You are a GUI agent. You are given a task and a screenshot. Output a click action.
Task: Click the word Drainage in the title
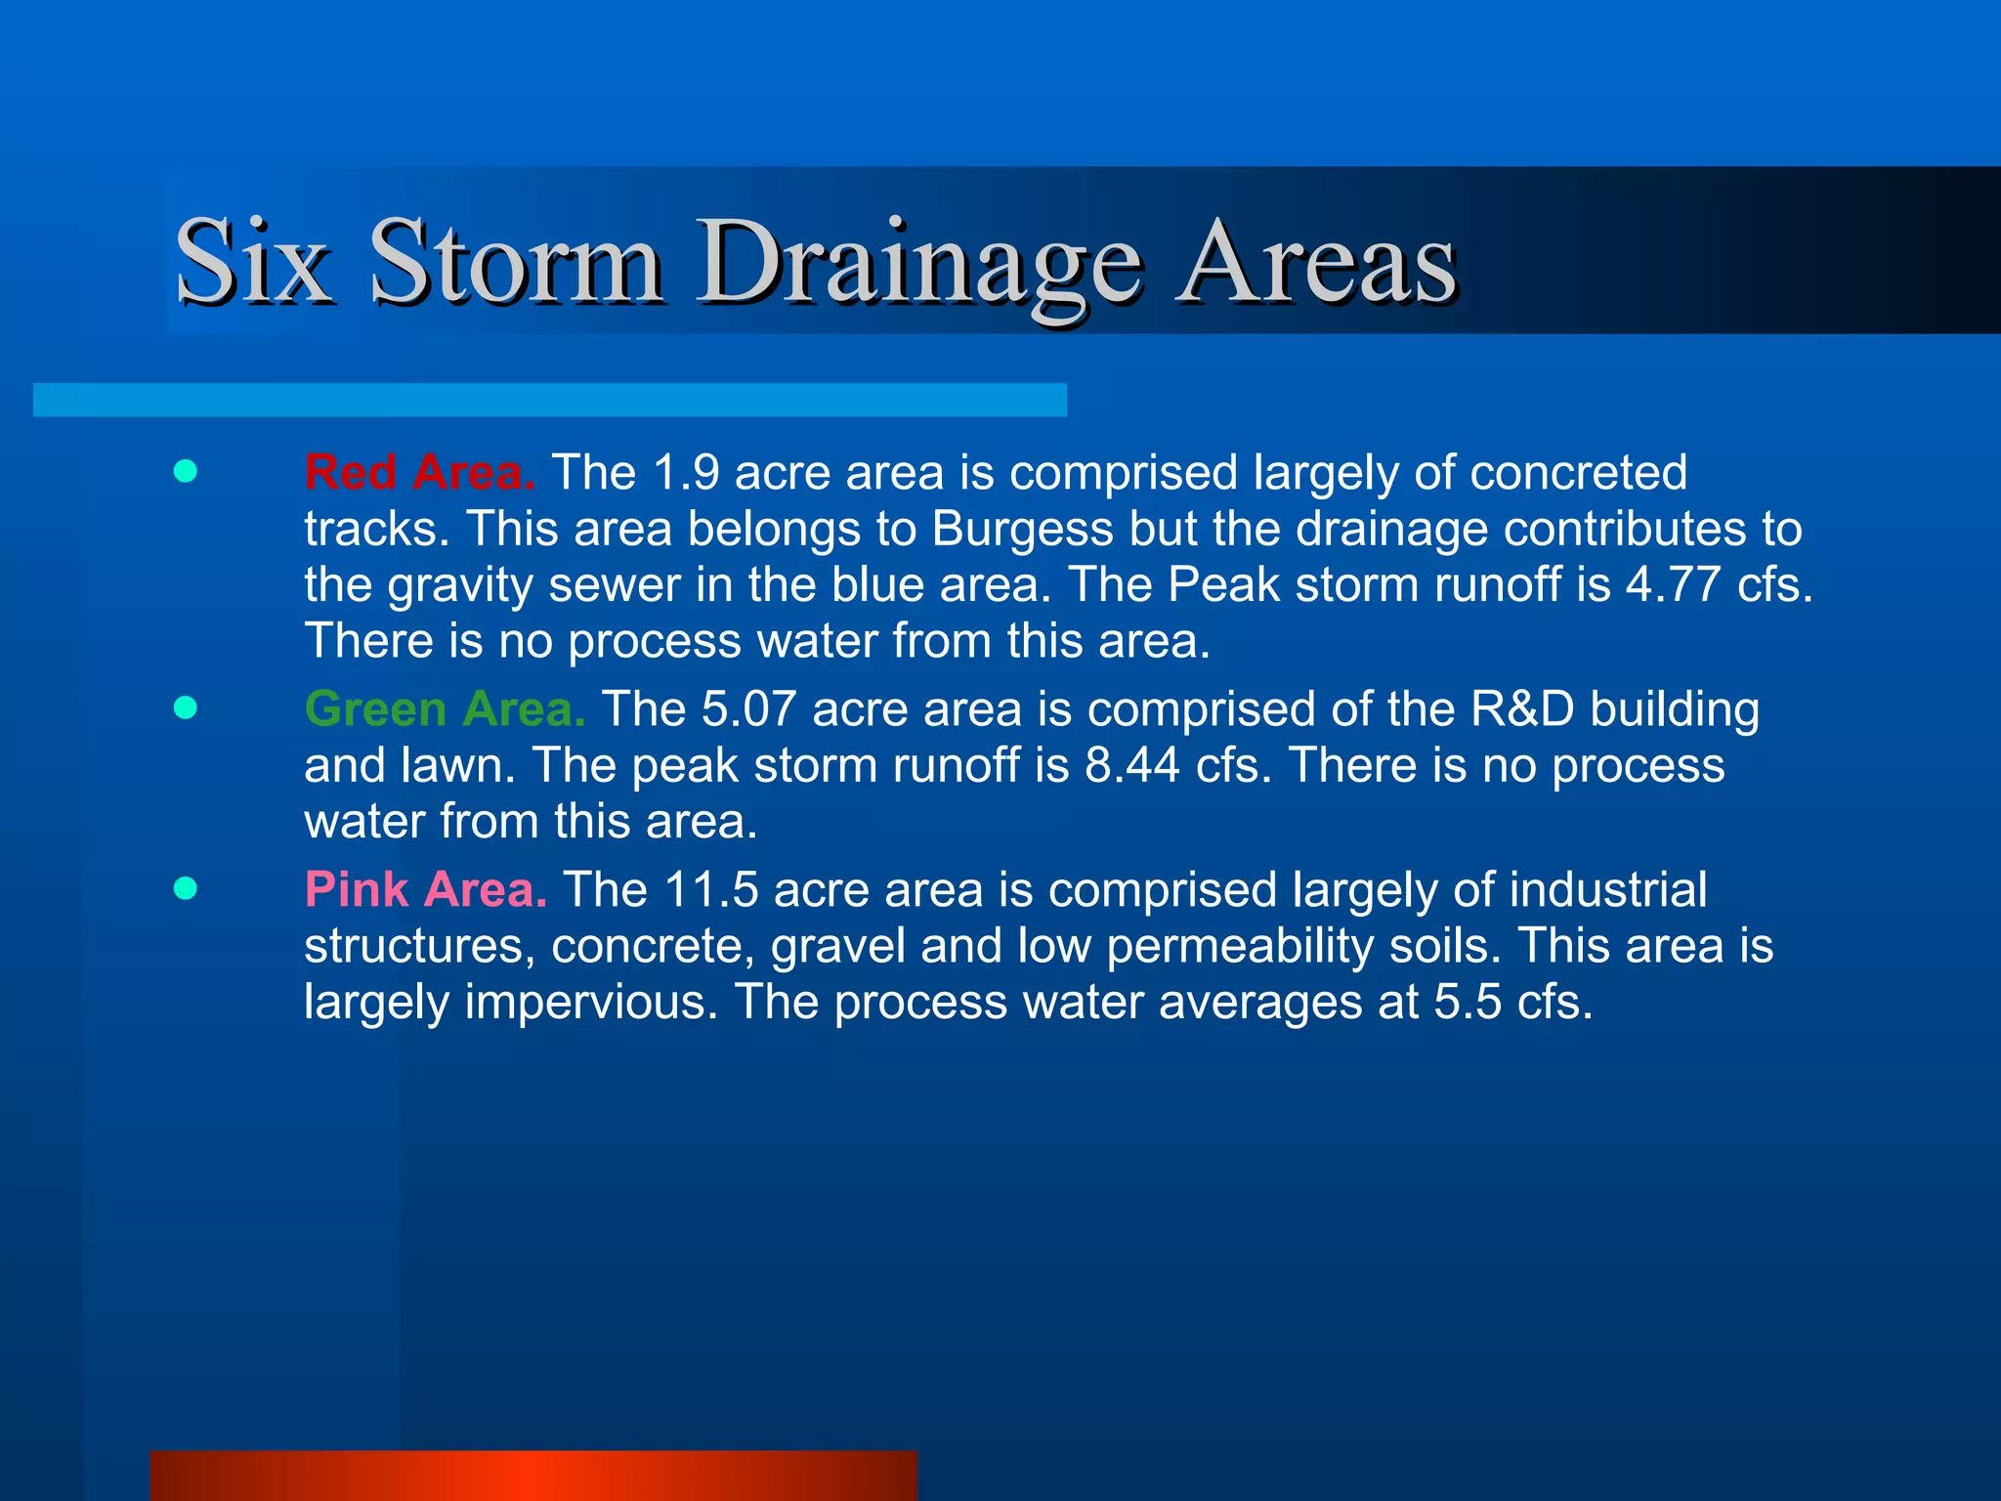coord(918,262)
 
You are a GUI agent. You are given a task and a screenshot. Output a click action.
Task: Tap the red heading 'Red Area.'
coord(419,473)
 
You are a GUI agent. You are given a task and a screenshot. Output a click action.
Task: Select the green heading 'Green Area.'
coord(445,708)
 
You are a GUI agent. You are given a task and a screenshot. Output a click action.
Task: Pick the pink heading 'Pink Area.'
coord(425,890)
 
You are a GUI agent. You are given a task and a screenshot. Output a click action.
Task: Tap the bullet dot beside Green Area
coord(185,708)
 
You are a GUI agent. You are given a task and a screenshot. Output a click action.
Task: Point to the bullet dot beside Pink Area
coord(185,888)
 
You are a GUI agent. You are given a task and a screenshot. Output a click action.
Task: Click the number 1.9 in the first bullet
coord(686,473)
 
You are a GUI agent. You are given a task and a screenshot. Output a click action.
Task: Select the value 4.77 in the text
coord(1672,585)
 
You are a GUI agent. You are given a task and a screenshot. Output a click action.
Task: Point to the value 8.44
coord(1131,765)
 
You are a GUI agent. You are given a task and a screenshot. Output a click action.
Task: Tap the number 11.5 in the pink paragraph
coord(710,890)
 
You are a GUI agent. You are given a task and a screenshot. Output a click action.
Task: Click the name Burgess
coord(1022,530)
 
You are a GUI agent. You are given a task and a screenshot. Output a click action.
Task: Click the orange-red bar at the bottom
coord(533,1476)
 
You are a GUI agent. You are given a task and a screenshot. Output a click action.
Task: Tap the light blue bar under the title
coord(549,400)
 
